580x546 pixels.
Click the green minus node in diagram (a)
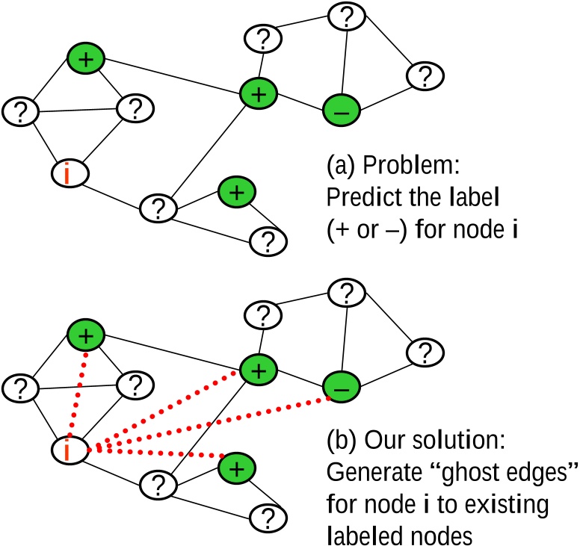[x=342, y=111]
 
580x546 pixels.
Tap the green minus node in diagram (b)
[x=342, y=387]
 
